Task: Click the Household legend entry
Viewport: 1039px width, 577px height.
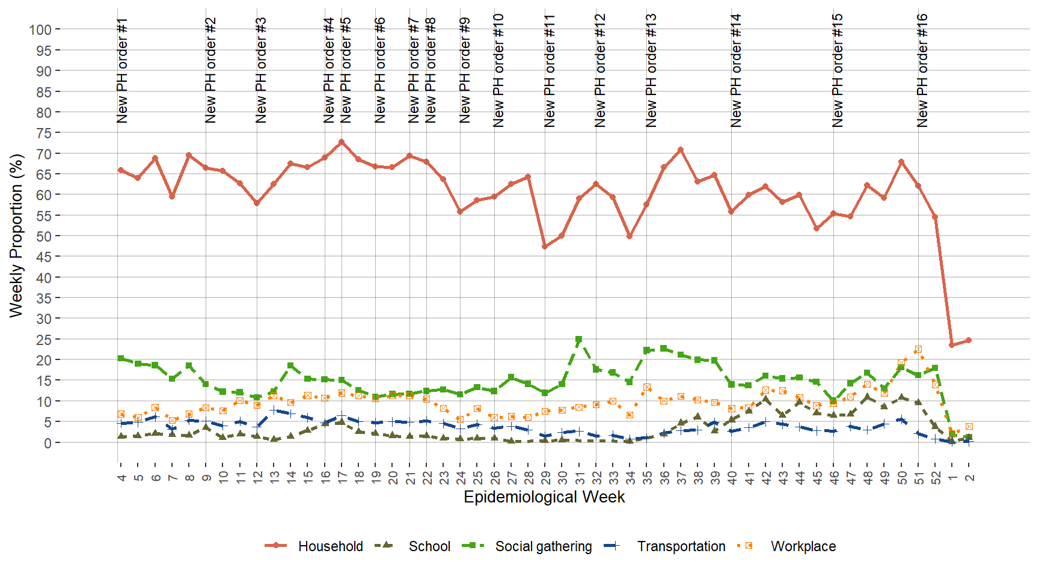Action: (x=330, y=546)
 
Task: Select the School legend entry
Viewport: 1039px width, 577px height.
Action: (x=429, y=546)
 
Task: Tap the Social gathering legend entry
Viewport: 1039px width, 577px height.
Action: (x=543, y=546)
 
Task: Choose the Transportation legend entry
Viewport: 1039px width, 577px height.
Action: (x=681, y=546)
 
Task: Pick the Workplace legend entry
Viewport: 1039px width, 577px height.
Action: (x=803, y=546)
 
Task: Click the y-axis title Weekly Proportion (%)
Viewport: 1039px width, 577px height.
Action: (x=16, y=236)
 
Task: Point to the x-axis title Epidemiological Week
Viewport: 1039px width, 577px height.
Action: (x=544, y=497)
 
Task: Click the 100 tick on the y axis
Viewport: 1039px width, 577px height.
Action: (x=40, y=29)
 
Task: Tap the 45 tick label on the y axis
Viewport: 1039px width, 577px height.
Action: (x=44, y=257)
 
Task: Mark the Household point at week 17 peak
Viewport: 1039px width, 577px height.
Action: (x=342, y=142)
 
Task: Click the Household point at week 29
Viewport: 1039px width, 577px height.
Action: (x=545, y=246)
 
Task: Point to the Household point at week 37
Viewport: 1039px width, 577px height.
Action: (x=681, y=150)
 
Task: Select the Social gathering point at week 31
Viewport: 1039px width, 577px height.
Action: (x=579, y=340)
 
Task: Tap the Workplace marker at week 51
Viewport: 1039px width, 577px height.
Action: (x=918, y=349)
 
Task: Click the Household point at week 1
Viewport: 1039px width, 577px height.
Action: (x=952, y=345)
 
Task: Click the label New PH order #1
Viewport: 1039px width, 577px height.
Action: (x=122, y=71)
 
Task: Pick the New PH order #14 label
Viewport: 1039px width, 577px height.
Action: (x=735, y=71)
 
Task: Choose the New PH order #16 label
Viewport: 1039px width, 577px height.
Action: (x=922, y=71)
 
